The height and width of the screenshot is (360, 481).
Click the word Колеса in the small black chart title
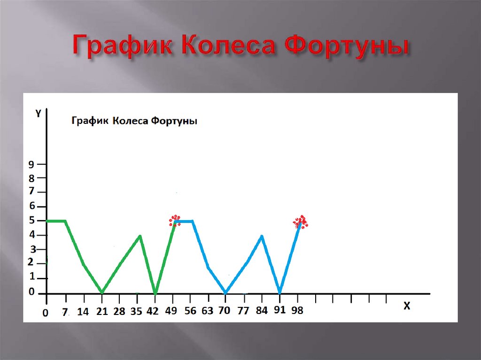(x=131, y=121)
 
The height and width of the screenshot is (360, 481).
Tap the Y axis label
(x=38, y=113)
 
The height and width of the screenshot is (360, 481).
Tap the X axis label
(x=407, y=306)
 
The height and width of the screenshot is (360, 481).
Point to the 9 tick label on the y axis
(x=31, y=164)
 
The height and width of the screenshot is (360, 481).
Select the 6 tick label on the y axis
(x=31, y=206)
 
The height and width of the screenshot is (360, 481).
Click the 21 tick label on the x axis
(x=102, y=311)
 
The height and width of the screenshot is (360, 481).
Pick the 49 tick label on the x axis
(x=171, y=311)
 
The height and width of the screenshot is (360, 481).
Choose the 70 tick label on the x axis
(x=225, y=311)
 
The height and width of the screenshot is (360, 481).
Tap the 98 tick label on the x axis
(x=297, y=311)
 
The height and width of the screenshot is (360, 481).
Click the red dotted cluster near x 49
(x=175, y=220)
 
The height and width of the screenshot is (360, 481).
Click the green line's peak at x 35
(x=140, y=236)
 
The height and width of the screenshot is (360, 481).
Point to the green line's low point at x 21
(x=102, y=292)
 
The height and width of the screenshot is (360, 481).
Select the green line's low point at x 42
(x=155, y=293)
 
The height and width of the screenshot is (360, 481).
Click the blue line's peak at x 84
(x=262, y=236)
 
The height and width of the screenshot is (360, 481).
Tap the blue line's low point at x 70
(x=225, y=292)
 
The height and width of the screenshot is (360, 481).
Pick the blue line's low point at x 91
(x=279, y=292)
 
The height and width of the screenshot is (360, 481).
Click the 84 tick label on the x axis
(x=262, y=311)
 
